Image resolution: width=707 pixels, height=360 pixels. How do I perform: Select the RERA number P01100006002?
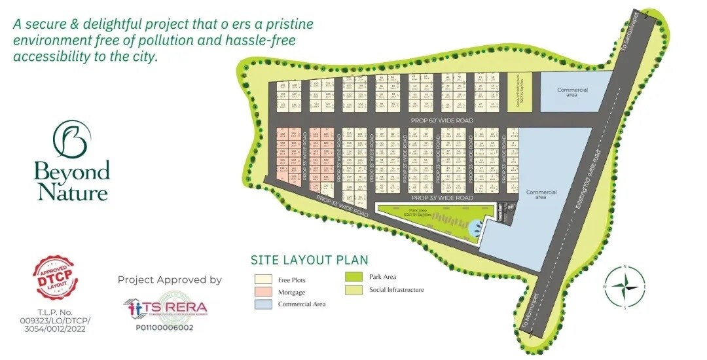click(x=164, y=327)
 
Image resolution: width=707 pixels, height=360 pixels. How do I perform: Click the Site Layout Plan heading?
click(x=310, y=260)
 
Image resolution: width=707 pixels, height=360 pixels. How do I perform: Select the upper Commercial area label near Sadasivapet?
click(x=572, y=92)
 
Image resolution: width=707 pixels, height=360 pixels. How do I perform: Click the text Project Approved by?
click(x=170, y=279)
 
